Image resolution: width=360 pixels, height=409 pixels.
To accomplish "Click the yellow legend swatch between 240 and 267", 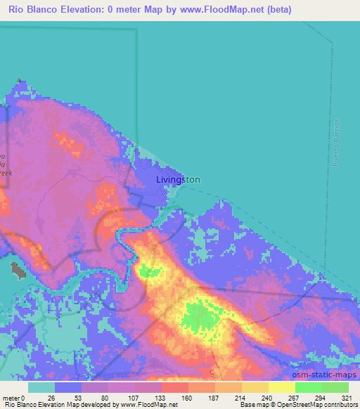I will pos(281,387).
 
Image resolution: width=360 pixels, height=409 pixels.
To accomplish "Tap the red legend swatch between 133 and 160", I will pos(174,387).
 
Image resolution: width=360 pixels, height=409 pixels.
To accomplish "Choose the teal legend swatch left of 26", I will pos(41,387).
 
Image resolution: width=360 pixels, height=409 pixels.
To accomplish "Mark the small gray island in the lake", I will pos(15,268).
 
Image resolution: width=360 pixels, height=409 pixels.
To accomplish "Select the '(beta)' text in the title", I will pos(276,10).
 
